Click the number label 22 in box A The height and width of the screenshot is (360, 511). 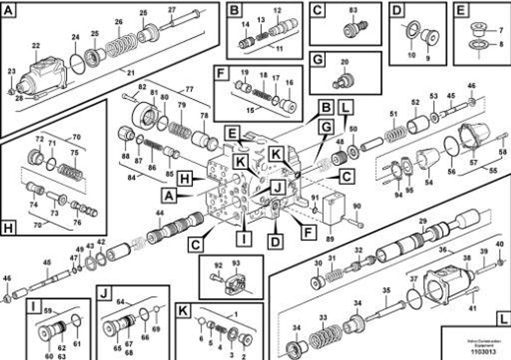point(36,46)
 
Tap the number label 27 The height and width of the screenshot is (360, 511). point(171,10)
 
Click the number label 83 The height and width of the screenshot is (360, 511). point(353,10)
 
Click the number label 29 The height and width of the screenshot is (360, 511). point(422,221)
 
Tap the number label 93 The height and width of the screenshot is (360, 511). point(235,264)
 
